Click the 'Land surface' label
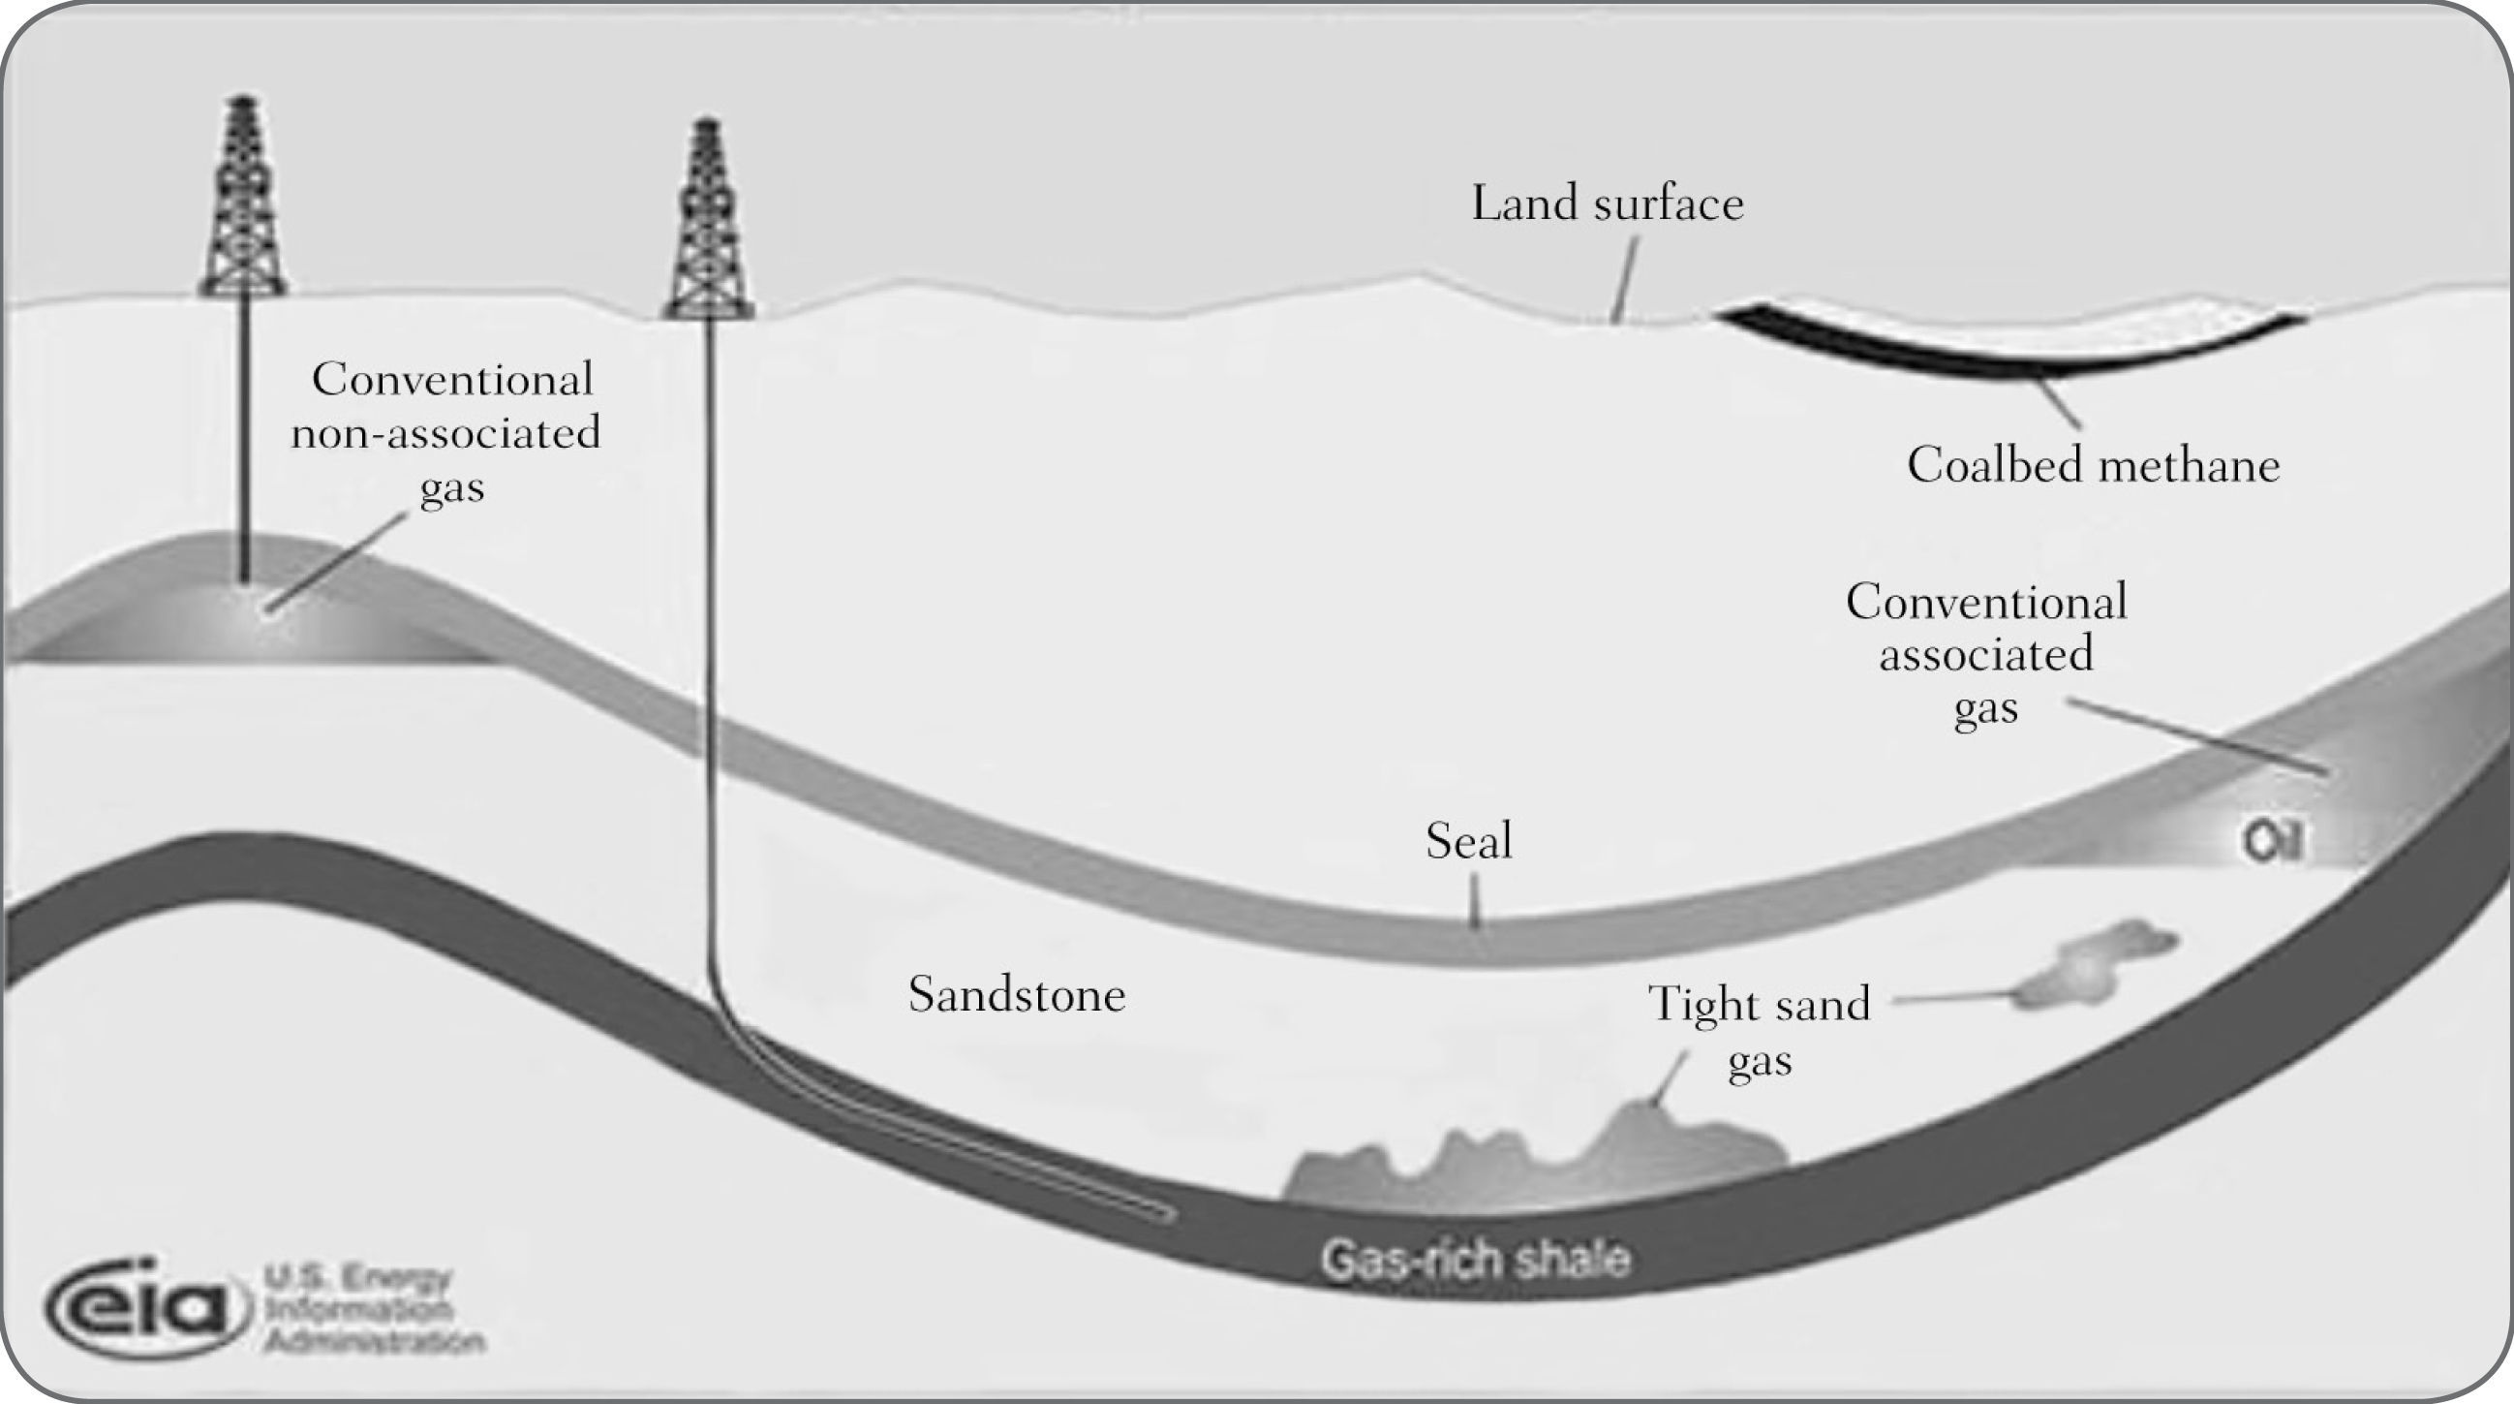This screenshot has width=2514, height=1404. [x=1607, y=203]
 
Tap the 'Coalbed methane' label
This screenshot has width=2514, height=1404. [x=2093, y=465]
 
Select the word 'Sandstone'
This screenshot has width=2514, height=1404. [x=1017, y=995]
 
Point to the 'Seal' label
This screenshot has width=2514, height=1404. [x=1469, y=841]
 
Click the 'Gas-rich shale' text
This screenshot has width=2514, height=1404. [x=1475, y=1260]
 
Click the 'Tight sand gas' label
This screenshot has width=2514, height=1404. [x=1759, y=1031]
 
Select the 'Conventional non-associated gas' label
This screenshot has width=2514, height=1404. [x=447, y=431]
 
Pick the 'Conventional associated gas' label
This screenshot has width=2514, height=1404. [x=1986, y=653]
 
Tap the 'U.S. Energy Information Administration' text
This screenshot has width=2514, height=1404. [x=371, y=1309]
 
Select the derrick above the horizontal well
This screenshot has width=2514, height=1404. [x=709, y=220]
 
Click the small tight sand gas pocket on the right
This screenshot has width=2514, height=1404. [x=2099, y=967]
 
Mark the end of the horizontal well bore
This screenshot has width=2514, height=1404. [x=1166, y=1214]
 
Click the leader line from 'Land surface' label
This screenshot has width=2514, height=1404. [x=1625, y=278]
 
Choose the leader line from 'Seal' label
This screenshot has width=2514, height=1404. [x=1475, y=899]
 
